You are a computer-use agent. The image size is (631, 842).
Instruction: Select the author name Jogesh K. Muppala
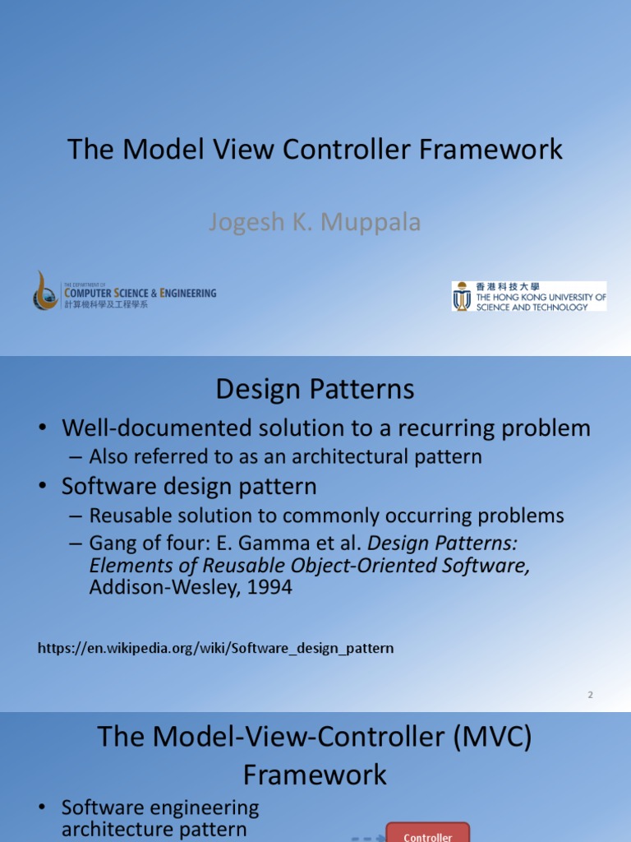(315, 222)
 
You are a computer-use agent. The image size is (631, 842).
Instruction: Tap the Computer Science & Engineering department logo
(125, 292)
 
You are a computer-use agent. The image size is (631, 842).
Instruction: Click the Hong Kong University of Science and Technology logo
(528, 296)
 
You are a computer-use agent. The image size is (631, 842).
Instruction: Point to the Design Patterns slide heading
(315, 389)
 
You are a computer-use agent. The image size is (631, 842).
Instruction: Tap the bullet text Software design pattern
(189, 486)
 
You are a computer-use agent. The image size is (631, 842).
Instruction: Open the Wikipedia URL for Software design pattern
(216, 648)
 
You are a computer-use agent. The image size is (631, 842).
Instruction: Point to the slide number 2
(590, 695)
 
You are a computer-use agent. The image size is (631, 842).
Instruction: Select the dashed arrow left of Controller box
(367, 838)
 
